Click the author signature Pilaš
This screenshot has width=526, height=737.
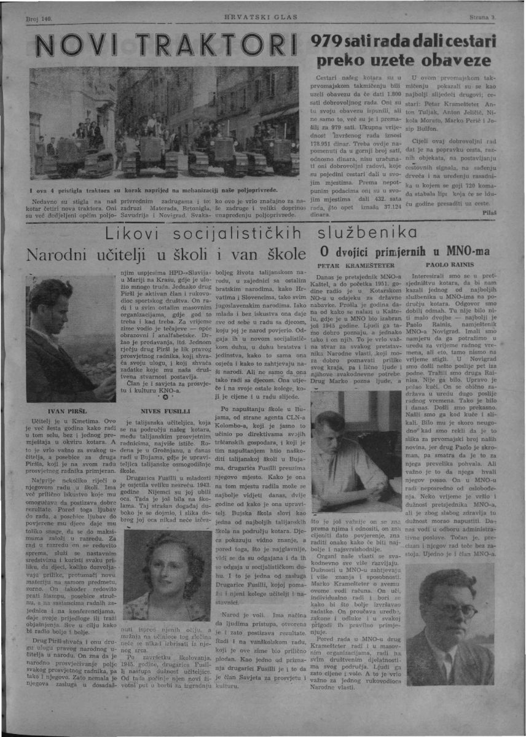click(x=489, y=212)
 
